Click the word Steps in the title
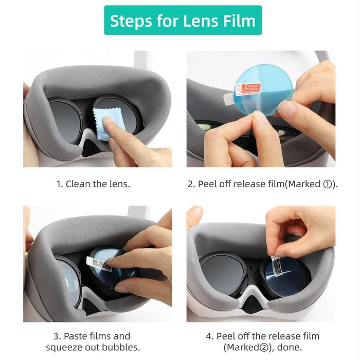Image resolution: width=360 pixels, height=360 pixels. pos(132,21)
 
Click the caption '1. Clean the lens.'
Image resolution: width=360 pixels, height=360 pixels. pos(93,184)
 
